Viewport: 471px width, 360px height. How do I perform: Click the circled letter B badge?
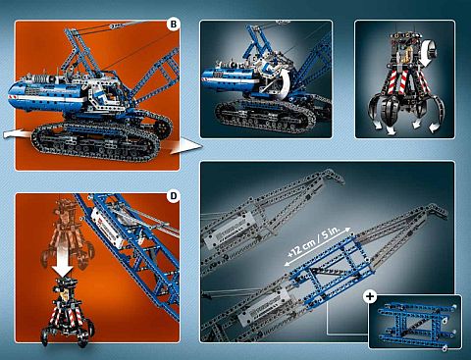pyautogui.click(x=174, y=24)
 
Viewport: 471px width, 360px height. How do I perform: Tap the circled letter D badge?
pyautogui.click(x=174, y=196)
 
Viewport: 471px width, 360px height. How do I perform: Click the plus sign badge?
pyautogui.click(x=370, y=296)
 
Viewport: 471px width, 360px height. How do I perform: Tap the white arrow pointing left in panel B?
pyautogui.click(x=17, y=134)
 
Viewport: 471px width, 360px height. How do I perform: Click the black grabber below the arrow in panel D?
pyautogui.click(x=67, y=311)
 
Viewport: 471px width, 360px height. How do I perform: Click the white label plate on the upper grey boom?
pyautogui.click(x=229, y=230)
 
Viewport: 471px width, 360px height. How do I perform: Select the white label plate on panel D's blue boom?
pyautogui.click(x=108, y=227)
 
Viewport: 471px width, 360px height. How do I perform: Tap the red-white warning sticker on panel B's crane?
pyautogui.click(x=15, y=97)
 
